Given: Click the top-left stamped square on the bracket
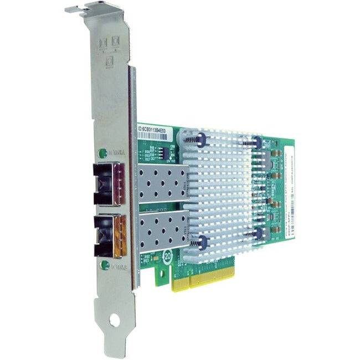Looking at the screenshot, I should (x=102, y=43).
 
